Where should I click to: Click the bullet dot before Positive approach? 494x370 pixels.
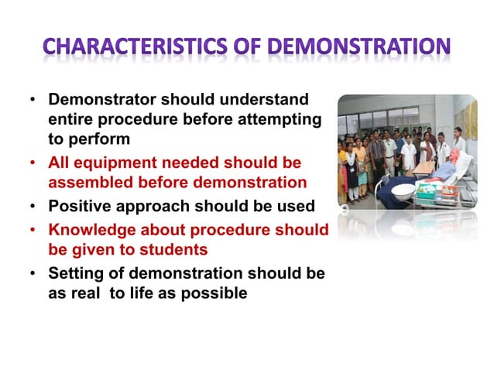pyautogui.click(x=33, y=207)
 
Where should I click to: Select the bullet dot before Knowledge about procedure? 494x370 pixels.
pyautogui.click(x=33, y=231)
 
